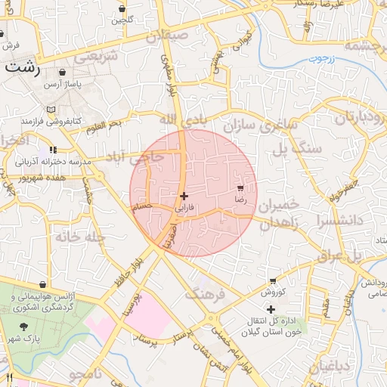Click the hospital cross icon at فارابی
point(184,196)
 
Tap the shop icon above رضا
point(240,187)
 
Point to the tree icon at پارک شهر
point(25,327)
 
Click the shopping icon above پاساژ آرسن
point(63,73)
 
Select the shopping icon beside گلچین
point(122,8)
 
